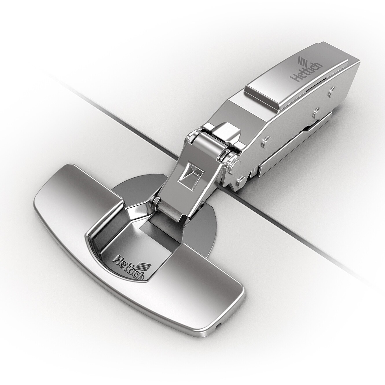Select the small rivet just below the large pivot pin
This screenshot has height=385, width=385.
tap(241, 181)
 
